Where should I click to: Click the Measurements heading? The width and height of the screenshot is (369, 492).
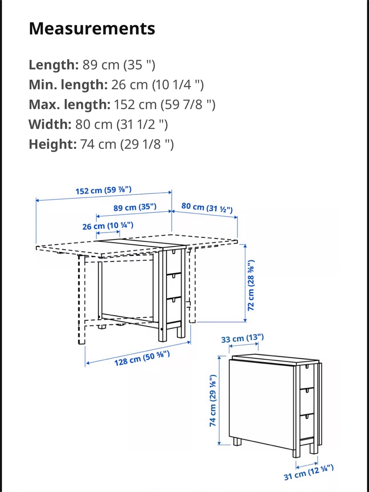pos(92,29)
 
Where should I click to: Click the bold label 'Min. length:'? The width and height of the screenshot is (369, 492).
pos(68,85)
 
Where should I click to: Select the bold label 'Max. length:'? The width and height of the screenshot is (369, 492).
pos(69,105)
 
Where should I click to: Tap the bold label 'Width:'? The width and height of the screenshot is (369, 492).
pos(50,124)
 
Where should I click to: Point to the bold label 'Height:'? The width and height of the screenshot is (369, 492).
pos(53,144)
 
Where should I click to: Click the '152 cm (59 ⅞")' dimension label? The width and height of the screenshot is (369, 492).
pos(103,190)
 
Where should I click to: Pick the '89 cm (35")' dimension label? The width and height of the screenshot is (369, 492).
pos(135,207)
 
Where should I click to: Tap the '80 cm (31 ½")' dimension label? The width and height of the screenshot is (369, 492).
pos(207,207)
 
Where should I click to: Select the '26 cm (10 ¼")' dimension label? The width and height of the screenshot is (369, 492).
pos(108,226)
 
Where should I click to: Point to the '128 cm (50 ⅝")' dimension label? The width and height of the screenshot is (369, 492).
pos(142,358)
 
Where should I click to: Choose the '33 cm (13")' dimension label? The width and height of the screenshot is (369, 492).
pos(242,339)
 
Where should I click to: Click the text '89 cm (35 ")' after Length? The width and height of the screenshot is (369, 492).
pos(119,65)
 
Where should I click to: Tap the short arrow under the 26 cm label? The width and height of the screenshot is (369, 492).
pos(108,232)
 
